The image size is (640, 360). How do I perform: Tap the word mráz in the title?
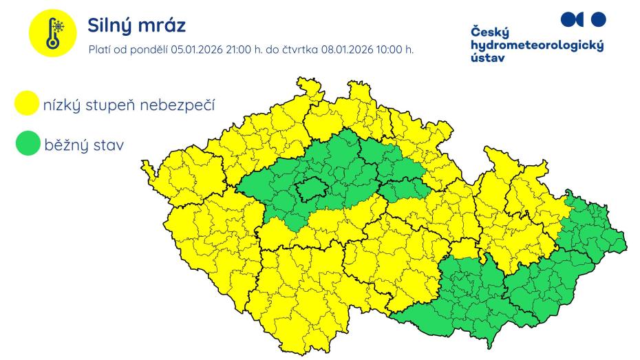[x=164, y=25]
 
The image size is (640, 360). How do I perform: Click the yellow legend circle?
[x=26, y=105]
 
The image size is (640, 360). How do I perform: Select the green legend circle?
[x=26, y=145]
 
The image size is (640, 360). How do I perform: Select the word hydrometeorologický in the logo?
[x=537, y=45]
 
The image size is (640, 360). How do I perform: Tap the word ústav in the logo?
[x=487, y=58]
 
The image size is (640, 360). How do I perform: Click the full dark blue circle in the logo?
[x=599, y=19]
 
